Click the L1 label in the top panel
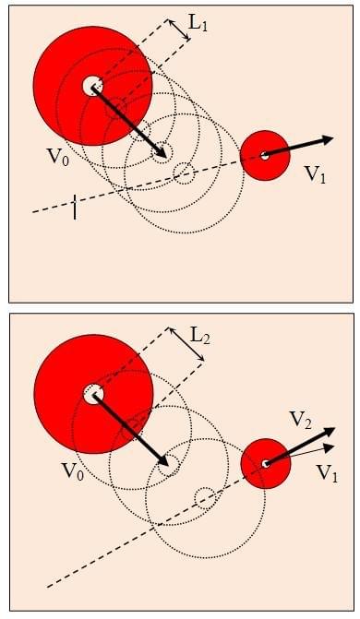point(198,25)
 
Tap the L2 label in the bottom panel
point(200,337)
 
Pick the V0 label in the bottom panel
point(73,471)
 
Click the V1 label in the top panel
point(316,173)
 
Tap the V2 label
point(300,420)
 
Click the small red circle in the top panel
point(265,156)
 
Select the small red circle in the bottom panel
point(266,463)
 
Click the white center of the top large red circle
point(92,85)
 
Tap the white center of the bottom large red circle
point(93,394)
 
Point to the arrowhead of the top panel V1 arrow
point(328,139)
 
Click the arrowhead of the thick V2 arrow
point(329,432)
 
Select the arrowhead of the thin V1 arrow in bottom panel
point(330,447)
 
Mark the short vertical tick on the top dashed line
point(74,207)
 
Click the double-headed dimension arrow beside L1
point(180,30)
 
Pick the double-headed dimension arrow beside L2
point(186,344)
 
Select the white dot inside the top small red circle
point(265,156)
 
